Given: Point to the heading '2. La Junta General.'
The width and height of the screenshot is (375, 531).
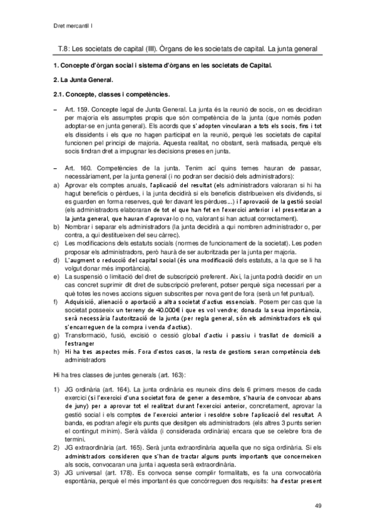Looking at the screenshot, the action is (83, 80).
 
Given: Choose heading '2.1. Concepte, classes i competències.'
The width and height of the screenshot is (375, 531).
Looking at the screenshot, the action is (111, 95).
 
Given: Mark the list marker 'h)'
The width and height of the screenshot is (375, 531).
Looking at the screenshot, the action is (56, 351).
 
